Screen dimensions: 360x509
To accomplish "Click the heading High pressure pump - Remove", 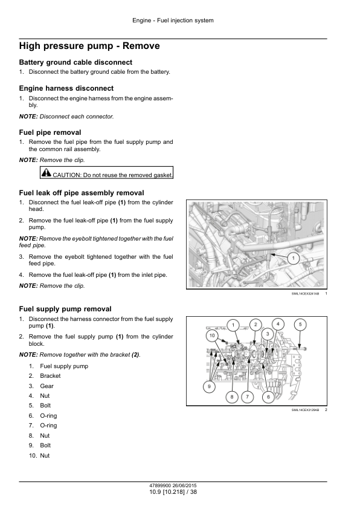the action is (x=89, y=46).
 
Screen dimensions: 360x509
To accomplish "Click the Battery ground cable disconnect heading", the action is (x=76, y=62).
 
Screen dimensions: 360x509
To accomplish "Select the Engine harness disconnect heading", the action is (x=66, y=88).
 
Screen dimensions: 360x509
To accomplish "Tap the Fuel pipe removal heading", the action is (x=50, y=132).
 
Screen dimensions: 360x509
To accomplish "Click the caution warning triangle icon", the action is (x=47, y=173).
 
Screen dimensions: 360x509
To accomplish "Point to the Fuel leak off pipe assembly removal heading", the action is (x=82, y=193).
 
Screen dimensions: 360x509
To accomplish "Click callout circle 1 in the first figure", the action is (x=294, y=259).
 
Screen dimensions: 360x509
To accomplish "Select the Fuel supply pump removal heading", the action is (x=65, y=309).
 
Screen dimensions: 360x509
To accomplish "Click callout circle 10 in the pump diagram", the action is (x=212, y=336).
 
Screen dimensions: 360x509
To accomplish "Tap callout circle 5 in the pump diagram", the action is (x=300, y=324).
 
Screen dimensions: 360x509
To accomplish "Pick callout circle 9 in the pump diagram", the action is (x=209, y=386).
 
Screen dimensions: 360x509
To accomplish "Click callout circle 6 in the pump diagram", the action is (x=268, y=397).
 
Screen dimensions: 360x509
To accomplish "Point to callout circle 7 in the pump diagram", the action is (x=247, y=397).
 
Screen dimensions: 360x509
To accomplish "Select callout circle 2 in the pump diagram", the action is (x=256, y=325).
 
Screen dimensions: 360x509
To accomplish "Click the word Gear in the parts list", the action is (x=47, y=386).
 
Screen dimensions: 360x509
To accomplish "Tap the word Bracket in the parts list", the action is (x=50, y=376).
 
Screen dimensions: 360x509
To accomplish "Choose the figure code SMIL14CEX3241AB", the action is (x=305, y=293).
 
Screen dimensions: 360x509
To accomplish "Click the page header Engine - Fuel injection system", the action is (x=173, y=21).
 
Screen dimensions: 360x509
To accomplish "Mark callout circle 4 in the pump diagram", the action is (x=278, y=324).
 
